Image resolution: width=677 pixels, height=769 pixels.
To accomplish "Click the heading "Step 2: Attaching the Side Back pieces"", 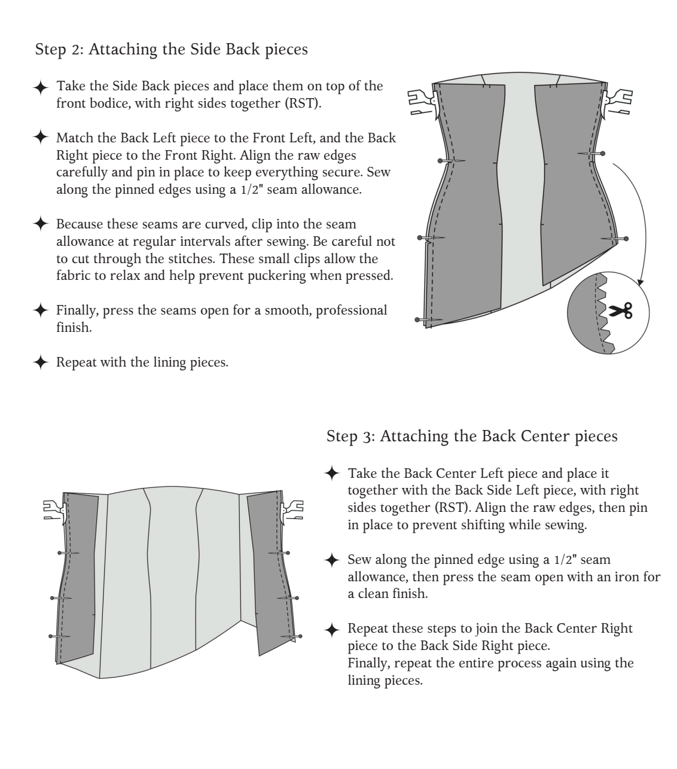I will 172,49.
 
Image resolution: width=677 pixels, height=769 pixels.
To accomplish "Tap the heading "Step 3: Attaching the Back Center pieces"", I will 472,437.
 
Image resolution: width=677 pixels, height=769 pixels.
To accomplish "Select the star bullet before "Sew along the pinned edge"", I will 332,560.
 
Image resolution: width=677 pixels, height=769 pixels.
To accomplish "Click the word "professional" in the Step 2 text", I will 352,311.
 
